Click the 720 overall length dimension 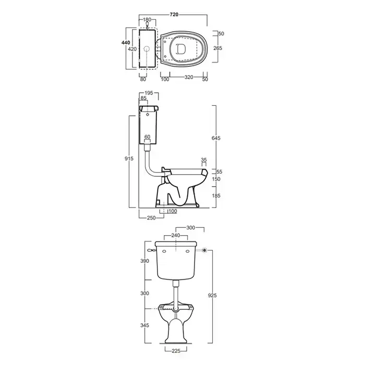coord(174,15)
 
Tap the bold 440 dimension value coord(126,43)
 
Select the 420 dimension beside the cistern coord(132,49)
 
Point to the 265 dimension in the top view coord(217,48)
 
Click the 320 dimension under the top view coord(189,77)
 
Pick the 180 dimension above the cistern coord(147,20)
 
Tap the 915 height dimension coord(129,159)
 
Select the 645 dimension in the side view coord(216,138)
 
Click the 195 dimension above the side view coord(149,93)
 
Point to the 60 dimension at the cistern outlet coord(148,137)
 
